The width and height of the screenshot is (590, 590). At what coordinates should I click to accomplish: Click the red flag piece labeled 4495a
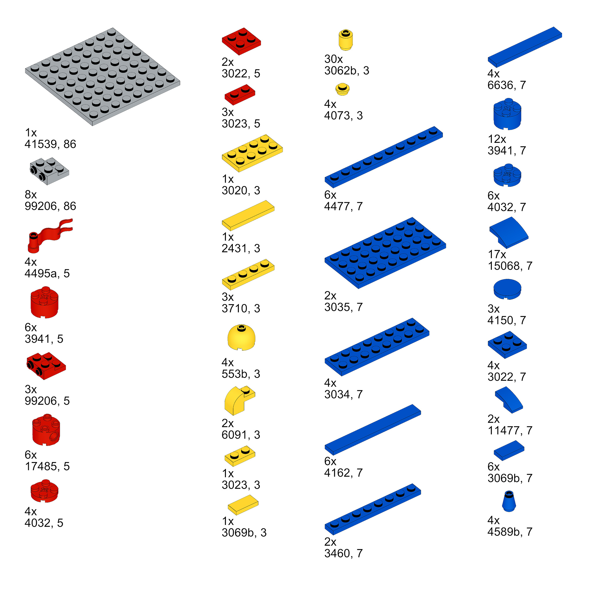(46, 237)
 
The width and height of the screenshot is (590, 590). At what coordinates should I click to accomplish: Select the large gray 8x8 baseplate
(102, 76)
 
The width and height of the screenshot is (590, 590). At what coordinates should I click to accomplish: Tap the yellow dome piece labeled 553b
(241, 337)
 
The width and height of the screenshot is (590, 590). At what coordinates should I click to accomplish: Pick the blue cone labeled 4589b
(509, 501)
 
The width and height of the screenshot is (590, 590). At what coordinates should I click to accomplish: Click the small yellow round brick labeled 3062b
(346, 40)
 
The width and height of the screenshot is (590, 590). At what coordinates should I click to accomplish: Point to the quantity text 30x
(334, 59)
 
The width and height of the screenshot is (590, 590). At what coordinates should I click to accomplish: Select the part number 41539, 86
(50, 144)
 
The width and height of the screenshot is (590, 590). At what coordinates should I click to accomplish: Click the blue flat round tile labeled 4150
(507, 289)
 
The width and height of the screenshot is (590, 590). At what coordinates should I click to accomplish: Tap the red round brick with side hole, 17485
(46, 430)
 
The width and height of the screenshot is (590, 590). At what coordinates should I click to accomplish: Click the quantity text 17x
(497, 254)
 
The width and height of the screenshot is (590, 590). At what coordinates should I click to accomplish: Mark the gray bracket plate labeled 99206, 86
(50, 171)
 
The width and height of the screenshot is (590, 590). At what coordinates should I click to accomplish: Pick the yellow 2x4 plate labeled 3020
(252, 153)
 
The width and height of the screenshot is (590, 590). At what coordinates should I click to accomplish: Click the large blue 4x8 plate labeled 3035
(385, 253)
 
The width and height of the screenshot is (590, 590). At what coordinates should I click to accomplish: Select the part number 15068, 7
(510, 266)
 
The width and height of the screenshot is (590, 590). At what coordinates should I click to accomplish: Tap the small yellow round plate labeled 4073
(342, 90)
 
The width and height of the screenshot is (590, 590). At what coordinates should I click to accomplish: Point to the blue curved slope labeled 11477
(509, 400)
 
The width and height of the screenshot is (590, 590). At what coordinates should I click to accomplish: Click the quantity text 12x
(497, 139)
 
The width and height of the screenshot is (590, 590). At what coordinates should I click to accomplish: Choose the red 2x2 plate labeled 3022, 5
(241, 41)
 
